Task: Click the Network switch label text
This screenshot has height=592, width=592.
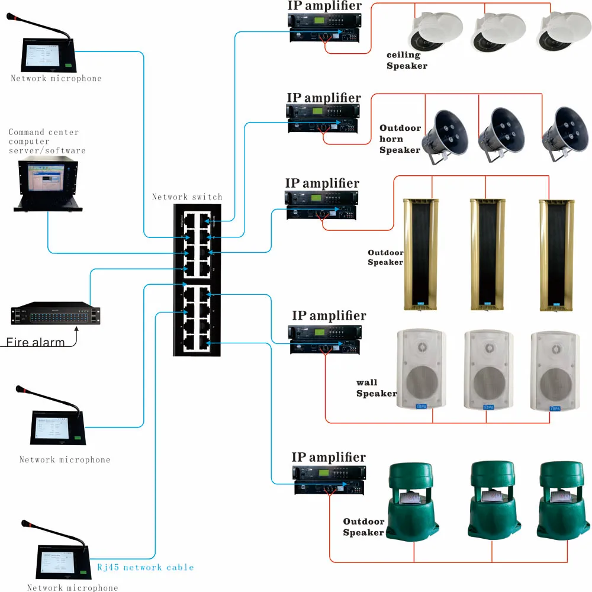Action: click(x=187, y=197)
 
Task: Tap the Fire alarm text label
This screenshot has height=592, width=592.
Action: click(x=36, y=342)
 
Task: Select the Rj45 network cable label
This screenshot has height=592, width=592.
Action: click(x=146, y=567)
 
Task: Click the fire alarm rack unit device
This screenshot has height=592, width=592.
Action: click(x=55, y=314)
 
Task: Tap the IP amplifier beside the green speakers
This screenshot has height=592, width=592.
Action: click(x=328, y=480)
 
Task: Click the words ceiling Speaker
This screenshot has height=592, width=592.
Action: click(x=406, y=60)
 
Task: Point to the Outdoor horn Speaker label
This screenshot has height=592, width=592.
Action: click(x=400, y=139)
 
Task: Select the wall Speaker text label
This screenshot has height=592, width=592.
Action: click(x=375, y=388)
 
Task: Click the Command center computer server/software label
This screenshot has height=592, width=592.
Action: click(x=46, y=141)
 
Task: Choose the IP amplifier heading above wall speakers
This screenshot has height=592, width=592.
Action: click(x=329, y=316)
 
